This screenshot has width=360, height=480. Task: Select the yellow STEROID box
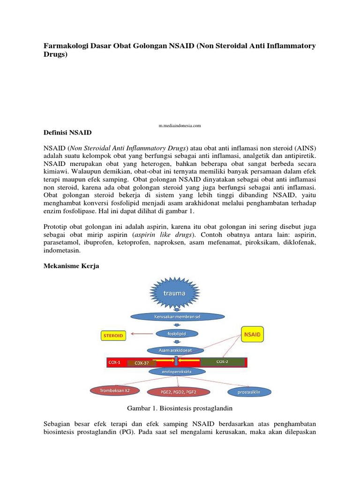[x=113, y=336]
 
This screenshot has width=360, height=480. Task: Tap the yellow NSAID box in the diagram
[x=253, y=335]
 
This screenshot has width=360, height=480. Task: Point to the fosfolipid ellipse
[x=177, y=334]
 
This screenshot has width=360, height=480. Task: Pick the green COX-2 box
[x=222, y=362]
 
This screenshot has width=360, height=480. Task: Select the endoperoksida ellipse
[x=177, y=372]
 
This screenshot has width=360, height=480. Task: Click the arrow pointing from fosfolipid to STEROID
[x=142, y=334]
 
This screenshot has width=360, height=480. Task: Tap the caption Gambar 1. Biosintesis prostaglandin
[x=176, y=408]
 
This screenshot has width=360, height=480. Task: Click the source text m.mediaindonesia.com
[x=180, y=126]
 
